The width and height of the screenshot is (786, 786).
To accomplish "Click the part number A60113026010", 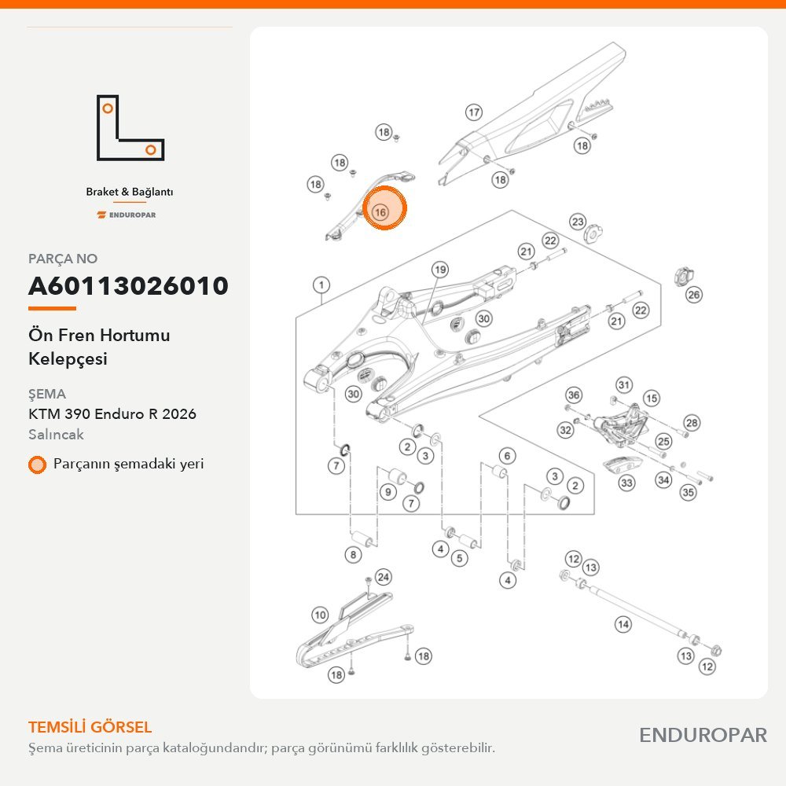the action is [128, 286].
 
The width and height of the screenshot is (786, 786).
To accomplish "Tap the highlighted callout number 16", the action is [380, 212].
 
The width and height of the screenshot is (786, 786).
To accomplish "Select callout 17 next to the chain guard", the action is [474, 112].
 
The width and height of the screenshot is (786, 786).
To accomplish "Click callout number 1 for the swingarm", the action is [321, 285].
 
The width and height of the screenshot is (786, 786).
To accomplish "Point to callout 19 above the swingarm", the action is [440, 270].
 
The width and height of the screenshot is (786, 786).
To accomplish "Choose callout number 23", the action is [578, 222].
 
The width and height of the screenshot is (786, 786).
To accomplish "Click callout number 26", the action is [694, 294].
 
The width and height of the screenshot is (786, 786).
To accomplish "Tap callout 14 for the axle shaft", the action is [623, 624].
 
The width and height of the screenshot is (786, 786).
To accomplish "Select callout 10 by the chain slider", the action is [320, 615].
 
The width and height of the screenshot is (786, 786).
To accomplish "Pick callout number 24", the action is [384, 577].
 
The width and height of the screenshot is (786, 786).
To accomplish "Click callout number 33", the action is [626, 483].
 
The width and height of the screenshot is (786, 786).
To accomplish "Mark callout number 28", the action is [692, 423].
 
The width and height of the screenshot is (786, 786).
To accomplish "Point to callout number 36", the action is [574, 395].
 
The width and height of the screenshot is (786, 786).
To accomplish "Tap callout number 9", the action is [388, 492].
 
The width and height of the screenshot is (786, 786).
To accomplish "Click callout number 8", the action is [354, 554].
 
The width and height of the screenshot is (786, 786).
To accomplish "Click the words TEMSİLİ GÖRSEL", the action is [90, 727].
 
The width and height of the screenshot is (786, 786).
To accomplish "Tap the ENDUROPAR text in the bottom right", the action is [703, 736].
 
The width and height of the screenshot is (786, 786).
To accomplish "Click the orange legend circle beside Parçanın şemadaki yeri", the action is [37, 465].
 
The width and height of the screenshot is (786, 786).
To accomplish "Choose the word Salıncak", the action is [56, 434].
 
